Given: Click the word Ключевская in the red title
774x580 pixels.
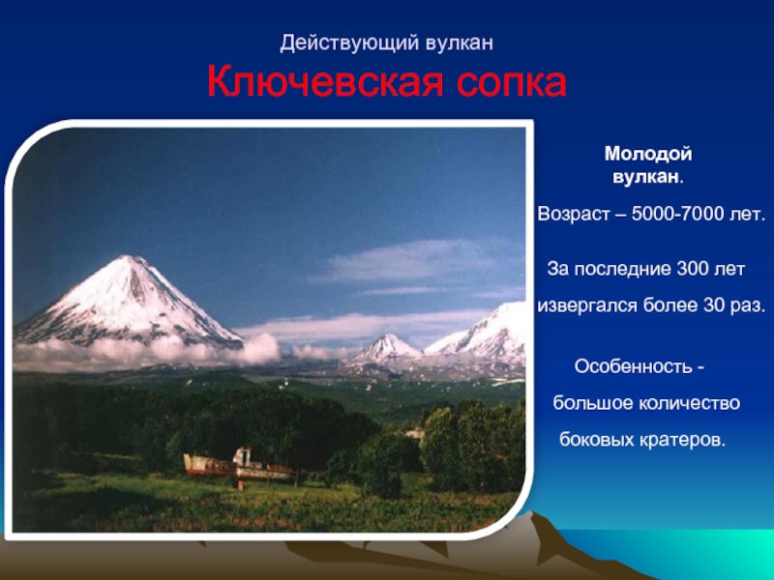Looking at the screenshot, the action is [325, 82].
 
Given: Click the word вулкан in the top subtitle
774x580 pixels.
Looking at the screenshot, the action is [460, 43].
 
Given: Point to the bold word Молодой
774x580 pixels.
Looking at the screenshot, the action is [648, 154].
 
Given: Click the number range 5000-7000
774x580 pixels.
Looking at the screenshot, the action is [676, 214].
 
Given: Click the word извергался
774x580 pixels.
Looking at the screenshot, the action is [587, 305].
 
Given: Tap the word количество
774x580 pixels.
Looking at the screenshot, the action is [689, 403].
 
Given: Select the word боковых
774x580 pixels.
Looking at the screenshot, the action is [597, 439].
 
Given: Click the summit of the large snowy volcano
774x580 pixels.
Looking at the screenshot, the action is [127, 256].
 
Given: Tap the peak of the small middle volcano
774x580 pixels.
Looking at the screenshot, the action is [388, 335].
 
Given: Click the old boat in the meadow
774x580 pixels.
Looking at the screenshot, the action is [238, 466].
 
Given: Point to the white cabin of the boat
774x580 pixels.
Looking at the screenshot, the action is [242, 456].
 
